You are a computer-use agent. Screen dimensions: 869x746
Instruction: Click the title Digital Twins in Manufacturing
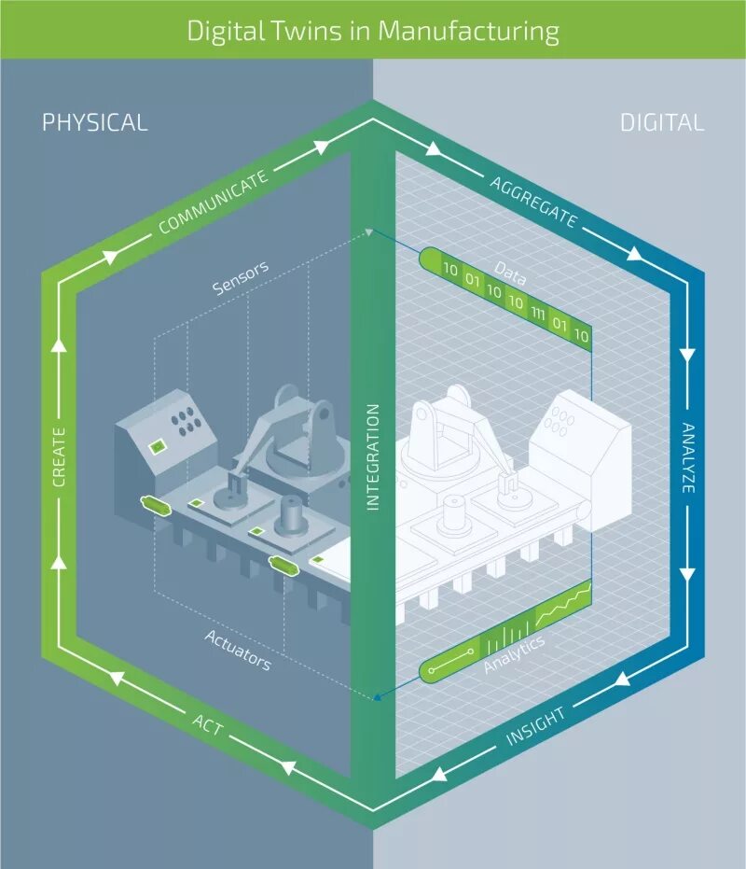point(373,30)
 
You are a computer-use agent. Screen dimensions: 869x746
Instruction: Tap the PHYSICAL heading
point(95,122)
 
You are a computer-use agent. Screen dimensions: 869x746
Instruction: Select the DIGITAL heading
point(662,122)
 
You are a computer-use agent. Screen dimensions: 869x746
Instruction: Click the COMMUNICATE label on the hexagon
point(214,202)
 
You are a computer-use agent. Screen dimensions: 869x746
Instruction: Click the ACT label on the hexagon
point(209,724)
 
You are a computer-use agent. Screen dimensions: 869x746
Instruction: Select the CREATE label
point(59,457)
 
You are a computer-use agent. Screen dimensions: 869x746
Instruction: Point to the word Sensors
point(241,278)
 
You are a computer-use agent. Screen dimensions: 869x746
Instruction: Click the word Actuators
point(238,650)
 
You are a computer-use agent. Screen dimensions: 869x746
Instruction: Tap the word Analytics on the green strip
point(514,653)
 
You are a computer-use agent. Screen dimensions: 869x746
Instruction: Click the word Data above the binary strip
point(510,273)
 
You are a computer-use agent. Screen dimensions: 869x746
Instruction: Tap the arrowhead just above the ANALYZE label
point(687,354)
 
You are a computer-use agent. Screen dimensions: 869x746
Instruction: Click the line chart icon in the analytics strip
point(563,606)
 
